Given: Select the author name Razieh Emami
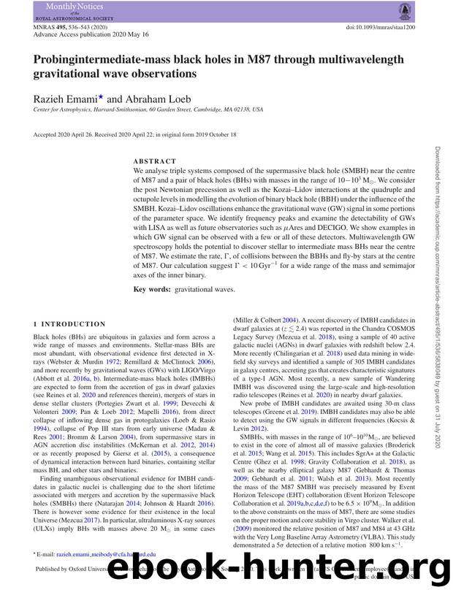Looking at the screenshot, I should click(66, 98).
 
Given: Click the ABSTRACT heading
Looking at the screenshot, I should click(154, 161).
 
